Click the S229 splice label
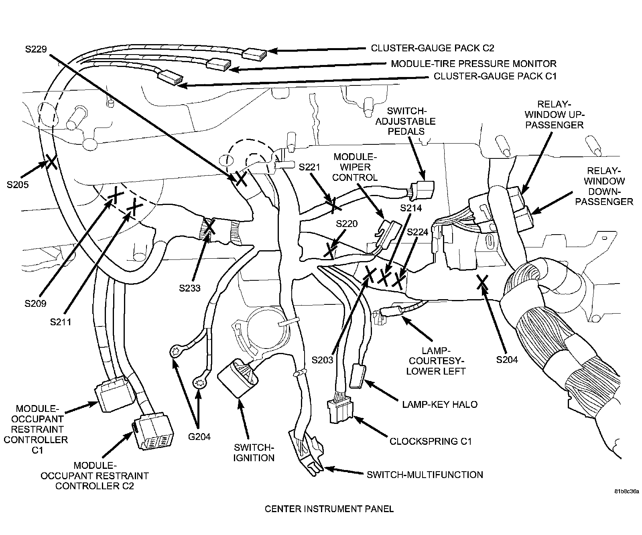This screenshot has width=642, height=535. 36,49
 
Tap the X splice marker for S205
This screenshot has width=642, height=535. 51,162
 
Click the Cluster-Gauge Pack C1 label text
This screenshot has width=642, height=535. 495,76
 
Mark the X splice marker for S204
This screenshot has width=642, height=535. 482,282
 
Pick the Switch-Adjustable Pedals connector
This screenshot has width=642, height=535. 422,190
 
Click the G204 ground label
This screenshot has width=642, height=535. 199,437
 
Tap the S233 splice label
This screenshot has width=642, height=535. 189,288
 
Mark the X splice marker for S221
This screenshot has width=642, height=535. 333,204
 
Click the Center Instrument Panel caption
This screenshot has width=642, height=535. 329,509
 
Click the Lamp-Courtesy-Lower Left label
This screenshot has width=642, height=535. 436,361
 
